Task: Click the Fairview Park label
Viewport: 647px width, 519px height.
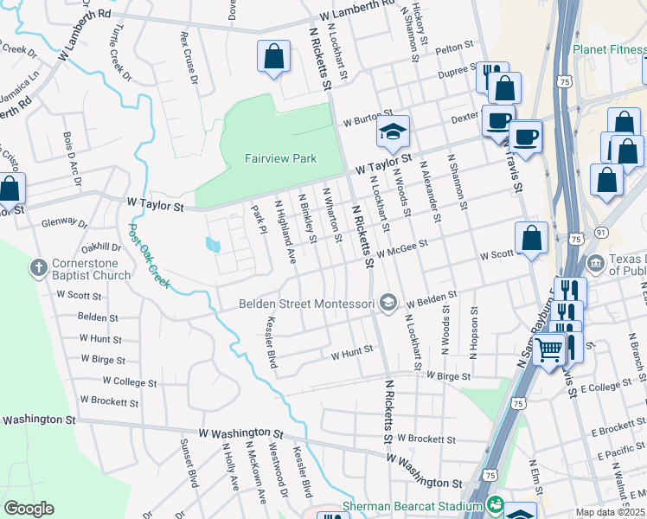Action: (280, 158)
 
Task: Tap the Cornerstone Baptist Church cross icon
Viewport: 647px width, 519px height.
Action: (38, 267)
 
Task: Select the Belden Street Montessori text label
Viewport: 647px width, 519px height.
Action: (307, 304)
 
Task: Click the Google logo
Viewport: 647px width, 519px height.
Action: (29, 509)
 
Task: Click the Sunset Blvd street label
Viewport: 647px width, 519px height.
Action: (186, 465)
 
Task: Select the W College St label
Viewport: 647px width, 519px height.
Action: (129, 381)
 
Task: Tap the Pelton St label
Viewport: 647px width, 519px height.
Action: (456, 47)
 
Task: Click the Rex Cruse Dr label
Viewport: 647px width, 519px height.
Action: (188, 54)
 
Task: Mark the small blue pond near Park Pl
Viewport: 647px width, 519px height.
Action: (214, 245)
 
